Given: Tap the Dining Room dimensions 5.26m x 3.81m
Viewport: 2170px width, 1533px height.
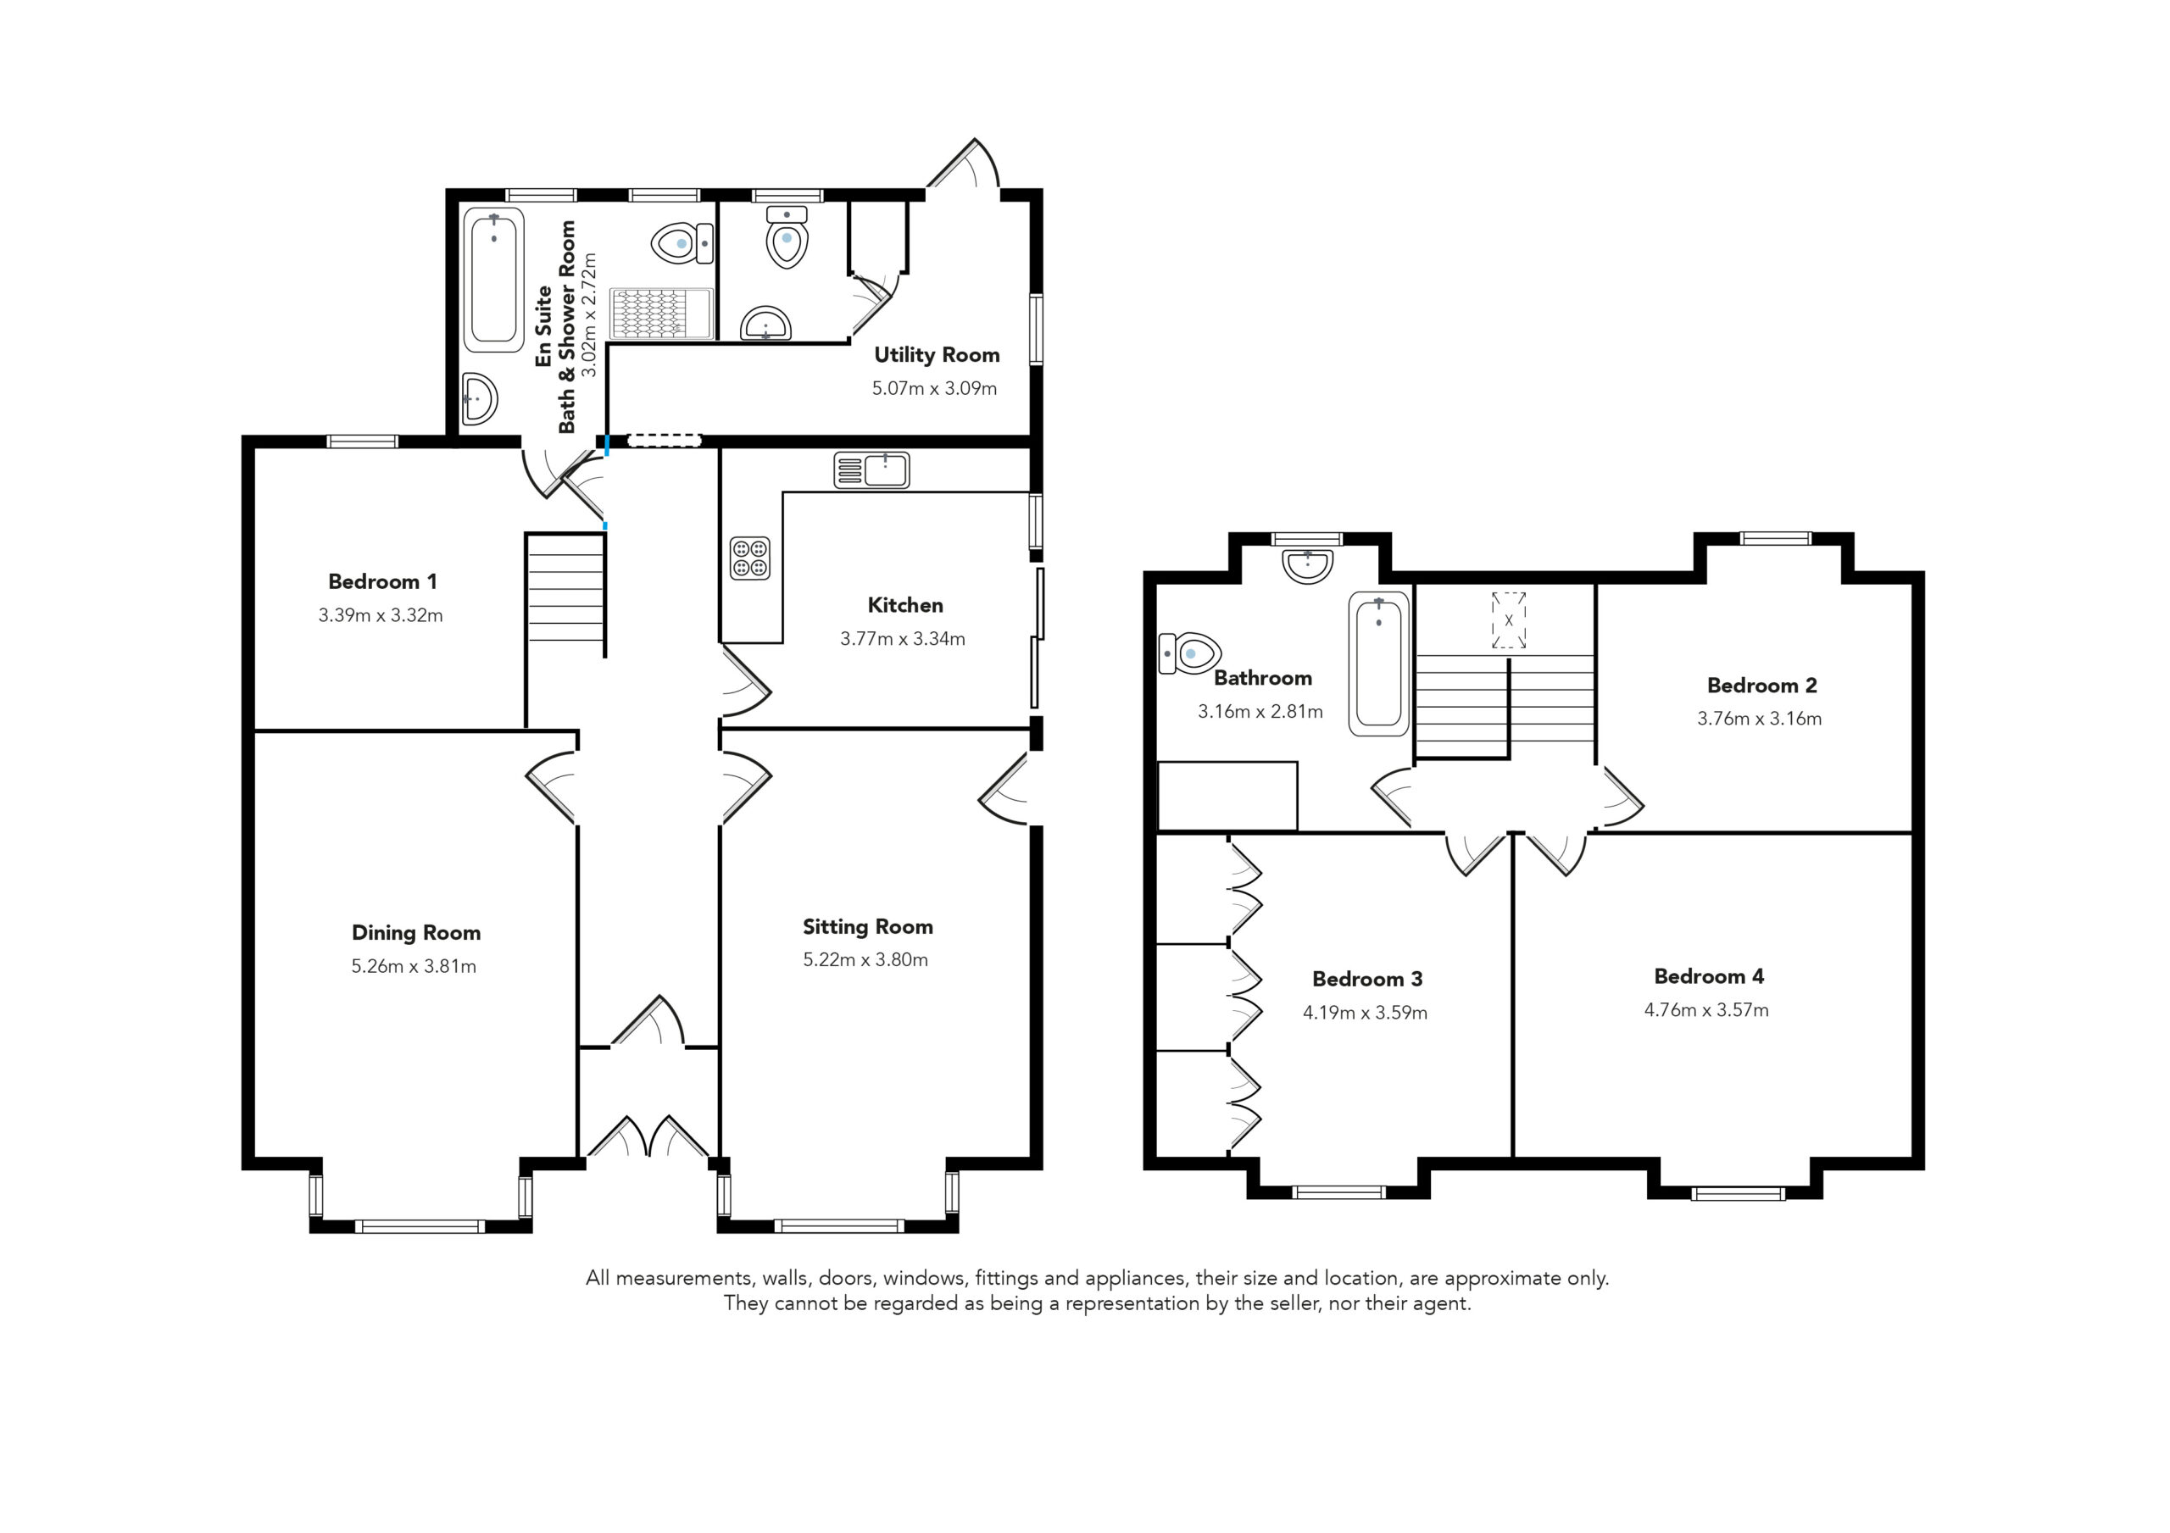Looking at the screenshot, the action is click(414, 966).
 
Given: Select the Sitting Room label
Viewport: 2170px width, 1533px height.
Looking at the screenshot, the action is click(868, 927).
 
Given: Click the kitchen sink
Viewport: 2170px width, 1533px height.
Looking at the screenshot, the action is click(871, 469).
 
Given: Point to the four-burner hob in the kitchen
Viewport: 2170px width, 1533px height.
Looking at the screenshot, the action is click(750, 558).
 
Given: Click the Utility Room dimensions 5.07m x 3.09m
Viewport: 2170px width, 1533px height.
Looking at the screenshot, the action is click(934, 387).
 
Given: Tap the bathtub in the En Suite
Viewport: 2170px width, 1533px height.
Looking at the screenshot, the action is click(493, 280).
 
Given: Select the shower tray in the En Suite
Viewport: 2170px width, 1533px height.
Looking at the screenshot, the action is click(661, 313).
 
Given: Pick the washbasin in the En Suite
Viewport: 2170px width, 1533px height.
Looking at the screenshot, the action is click(479, 399).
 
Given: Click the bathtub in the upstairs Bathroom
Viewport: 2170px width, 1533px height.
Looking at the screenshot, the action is click(1379, 664).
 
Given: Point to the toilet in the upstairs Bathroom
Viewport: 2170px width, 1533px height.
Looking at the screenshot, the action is click(1190, 653).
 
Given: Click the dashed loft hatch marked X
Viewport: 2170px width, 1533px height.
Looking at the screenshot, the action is click(1509, 620).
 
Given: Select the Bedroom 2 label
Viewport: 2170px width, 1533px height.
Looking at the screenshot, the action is click(1761, 686).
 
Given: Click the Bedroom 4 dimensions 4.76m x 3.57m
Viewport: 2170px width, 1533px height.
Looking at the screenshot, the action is click(1706, 1009).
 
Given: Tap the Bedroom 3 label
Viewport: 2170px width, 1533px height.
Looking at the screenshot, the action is click(1366, 978).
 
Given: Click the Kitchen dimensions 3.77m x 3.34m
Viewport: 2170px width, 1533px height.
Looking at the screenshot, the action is click(903, 639).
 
